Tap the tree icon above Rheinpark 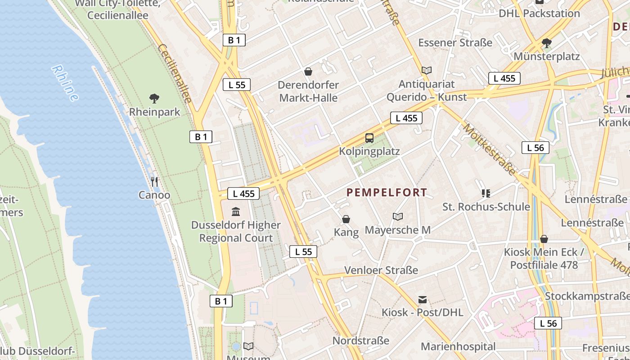154,98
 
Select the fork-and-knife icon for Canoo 154,181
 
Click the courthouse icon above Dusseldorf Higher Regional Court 236,211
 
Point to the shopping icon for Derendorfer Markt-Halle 308,71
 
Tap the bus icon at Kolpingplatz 369,138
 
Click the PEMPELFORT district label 387,193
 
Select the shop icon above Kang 346,219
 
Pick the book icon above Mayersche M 397,216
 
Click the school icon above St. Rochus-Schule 486,193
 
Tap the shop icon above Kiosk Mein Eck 544,238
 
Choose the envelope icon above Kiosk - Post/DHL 422,299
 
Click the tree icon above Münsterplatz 546,43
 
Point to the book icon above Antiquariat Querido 427,70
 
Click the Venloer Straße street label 381,270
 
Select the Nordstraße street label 361,341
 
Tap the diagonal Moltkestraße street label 489,149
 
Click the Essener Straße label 455,43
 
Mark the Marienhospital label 458,346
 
